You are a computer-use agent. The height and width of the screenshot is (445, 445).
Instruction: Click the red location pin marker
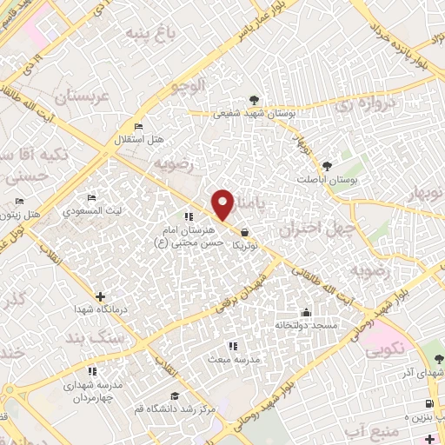(x=223, y=204)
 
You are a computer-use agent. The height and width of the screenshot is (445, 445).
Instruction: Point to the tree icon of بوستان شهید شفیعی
(x=254, y=100)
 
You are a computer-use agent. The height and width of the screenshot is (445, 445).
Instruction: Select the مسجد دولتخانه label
(x=305, y=325)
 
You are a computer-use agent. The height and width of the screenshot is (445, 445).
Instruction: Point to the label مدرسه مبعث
(x=229, y=358)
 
